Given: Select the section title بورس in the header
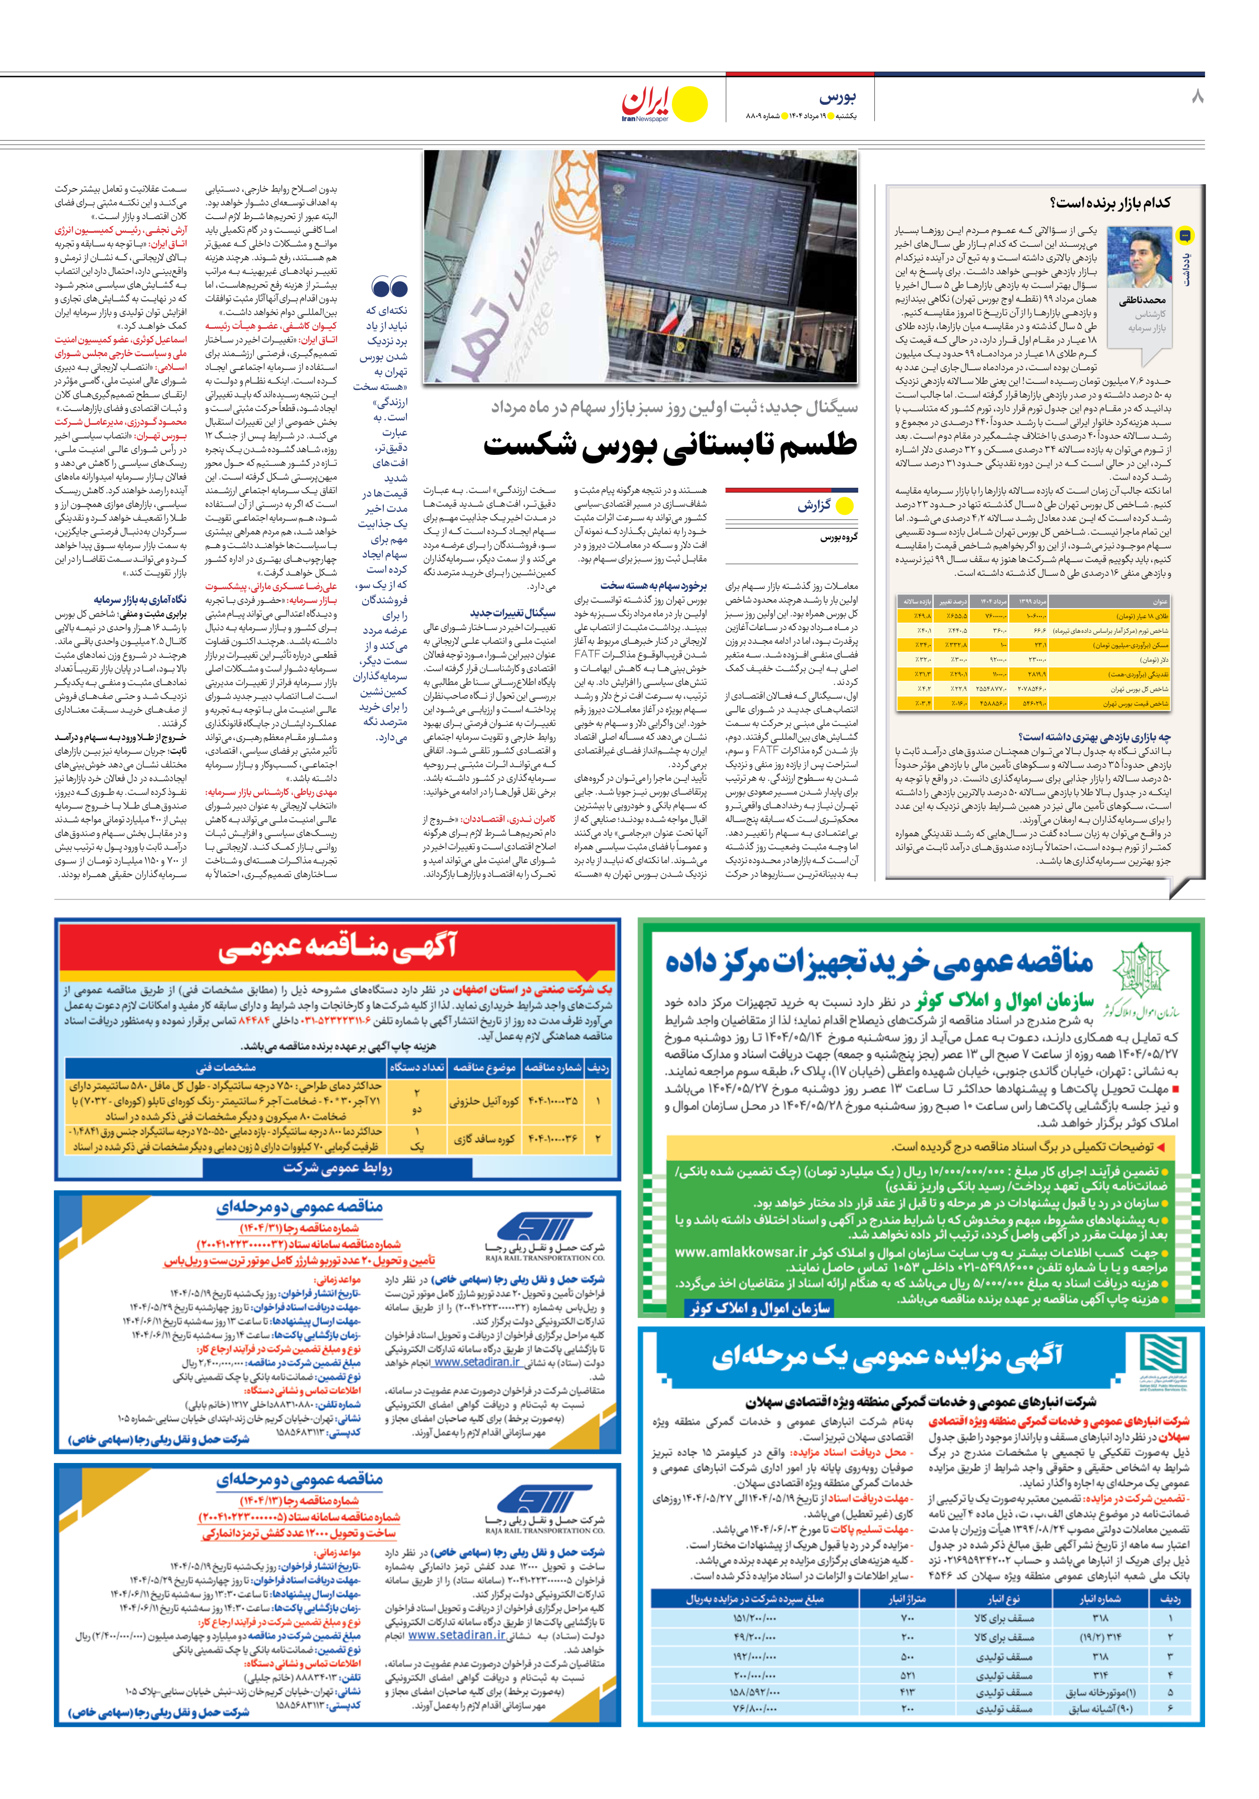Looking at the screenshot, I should (x=838, y=97).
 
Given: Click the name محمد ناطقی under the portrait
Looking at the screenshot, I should (x=1142, y=300).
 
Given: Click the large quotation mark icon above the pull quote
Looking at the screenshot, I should (x=389, y=286).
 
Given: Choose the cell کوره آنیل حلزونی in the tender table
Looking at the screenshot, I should (x=484, y=1101).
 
